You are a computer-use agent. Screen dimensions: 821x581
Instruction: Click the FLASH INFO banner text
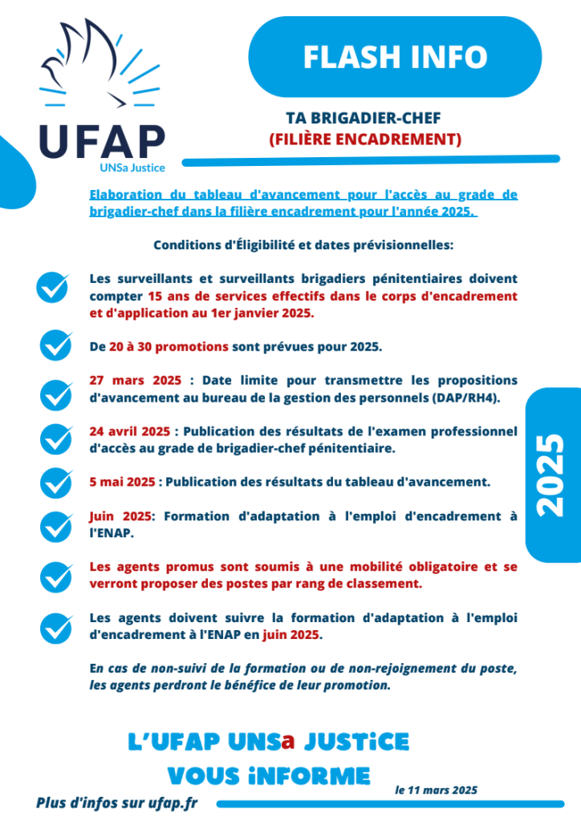(396, 57)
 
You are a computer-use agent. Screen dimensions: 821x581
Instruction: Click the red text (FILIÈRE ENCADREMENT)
(365, 140)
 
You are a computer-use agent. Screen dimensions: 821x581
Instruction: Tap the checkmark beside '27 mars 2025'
(57, 394)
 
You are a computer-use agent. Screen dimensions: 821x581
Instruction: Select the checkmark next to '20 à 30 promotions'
(57, 346)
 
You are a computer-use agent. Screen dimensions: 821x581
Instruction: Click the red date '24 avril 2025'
(129, 431)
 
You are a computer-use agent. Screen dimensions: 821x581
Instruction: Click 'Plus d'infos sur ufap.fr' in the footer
(116, 803)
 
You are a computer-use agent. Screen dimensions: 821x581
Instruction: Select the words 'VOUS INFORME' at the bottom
(269, 775)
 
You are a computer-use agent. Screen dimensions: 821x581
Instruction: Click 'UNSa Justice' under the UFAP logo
(132, 168)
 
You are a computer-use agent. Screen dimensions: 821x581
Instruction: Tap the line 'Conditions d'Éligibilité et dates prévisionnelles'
(303, 245)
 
